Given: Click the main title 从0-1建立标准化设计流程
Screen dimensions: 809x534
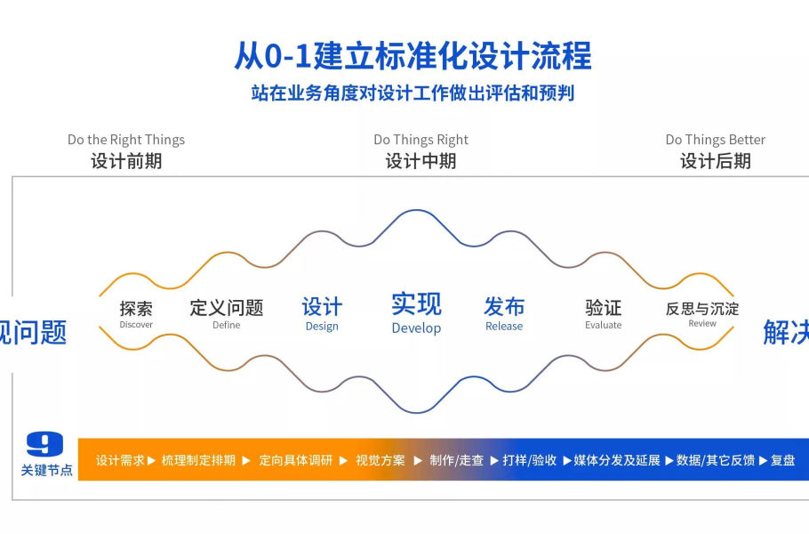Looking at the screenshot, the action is click(x=413, y=56).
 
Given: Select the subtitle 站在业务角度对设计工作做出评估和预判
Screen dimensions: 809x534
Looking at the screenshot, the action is click(x=413, y=93).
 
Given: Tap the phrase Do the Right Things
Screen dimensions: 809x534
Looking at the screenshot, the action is click(x=126, y=140).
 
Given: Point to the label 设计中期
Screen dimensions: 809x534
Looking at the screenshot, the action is click(x=421, y=161).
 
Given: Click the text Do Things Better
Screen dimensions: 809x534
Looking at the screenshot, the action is click(x=715, y=140).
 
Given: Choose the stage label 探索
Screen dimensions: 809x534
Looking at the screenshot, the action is click(x=136, y=308).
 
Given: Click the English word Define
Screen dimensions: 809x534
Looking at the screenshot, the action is click(x=227, y=325).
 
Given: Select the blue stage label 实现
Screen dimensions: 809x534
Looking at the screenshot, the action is click(x=416, y=303).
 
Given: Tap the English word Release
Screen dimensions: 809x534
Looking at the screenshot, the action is click(x=504, y=327).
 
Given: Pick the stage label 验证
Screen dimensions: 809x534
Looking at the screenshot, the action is click(x=603, y=308).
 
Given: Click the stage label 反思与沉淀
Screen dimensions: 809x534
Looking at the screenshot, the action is click(x=702, y=309).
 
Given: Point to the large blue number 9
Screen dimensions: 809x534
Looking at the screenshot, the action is click(x=44, y=444).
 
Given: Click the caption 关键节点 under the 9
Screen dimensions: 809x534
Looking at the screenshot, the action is click(x=47, y=470).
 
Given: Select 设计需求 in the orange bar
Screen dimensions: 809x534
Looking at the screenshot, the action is click(x=120, y=460).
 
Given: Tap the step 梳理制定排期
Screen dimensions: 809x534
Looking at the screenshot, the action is click(x=198, y=460).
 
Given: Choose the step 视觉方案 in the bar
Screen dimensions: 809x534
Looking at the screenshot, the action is click(x=380, y=460).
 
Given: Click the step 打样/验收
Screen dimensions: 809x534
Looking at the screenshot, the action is click(x=529, y=460).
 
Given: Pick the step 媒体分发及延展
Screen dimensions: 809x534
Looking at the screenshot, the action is click(x=617, y=460).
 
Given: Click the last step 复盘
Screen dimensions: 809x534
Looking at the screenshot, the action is click(x=782, y=460).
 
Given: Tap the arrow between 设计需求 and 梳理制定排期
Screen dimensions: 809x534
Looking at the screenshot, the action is click(x=152, y=461).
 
